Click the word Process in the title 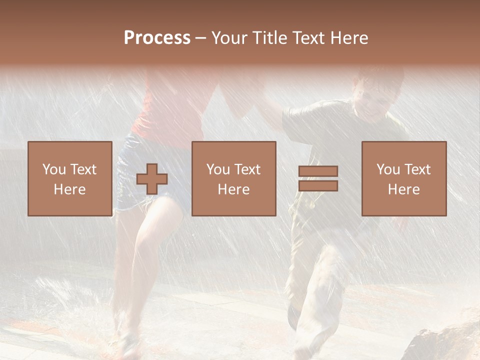pos(157,38)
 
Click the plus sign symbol pos(152,179)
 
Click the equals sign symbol pos(318,178)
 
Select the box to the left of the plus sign pos(70,178)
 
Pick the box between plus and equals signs pos(233,178)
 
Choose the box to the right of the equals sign pos(404,178)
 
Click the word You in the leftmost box pos(53,169)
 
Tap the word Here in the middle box pos(233,189)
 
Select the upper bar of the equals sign pos(318,171)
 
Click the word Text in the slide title pos(306,38)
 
